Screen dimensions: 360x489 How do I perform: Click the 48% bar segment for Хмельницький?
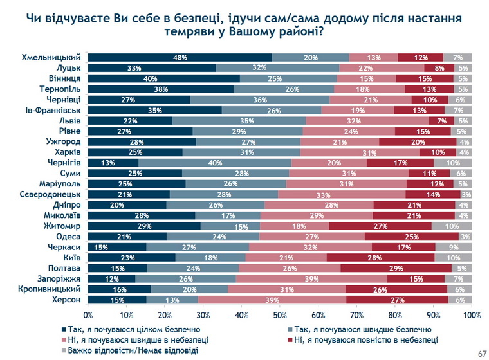click(x=180, y=57)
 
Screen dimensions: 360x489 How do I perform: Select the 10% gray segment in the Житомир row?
click(x=451, y=226)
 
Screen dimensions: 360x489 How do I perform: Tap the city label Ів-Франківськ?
click(x=52, y=110)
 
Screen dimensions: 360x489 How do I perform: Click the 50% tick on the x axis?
click(x=280, y=315)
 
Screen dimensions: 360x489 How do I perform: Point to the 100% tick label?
click(x=472, y=315)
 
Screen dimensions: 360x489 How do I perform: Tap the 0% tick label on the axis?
click(x=88, y=315)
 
